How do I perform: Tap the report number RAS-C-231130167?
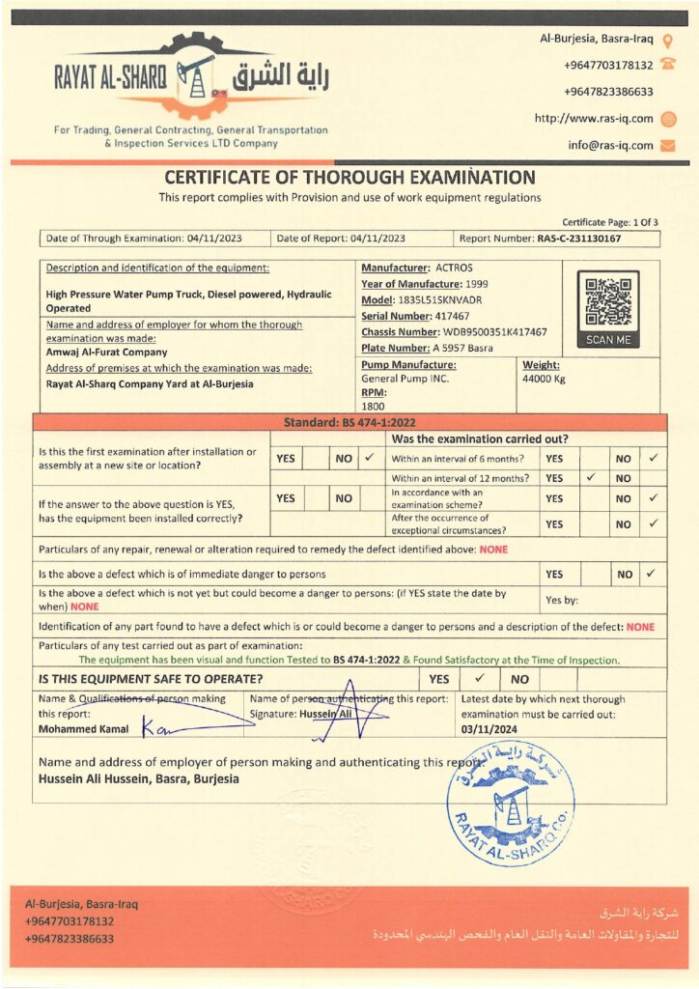(579, 239)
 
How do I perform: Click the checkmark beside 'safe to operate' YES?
(478, 679)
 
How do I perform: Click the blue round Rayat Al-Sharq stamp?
(511, 803)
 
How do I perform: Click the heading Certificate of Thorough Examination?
(349, 178)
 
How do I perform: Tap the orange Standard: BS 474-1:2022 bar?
(349, 423)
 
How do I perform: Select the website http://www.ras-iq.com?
(594, 119)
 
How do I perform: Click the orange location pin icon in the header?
(667, 39)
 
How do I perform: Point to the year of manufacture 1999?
(484, 284)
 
